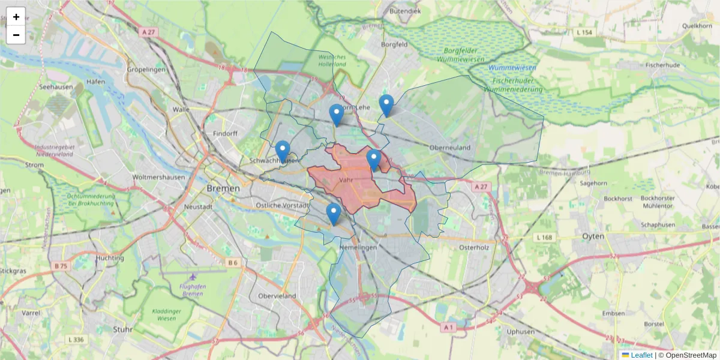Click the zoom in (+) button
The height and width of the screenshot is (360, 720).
click(16, 17)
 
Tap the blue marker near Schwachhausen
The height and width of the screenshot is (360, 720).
click(283, 151)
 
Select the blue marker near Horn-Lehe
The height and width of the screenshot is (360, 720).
click(337, 114)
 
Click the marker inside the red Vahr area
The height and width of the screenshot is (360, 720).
click(374, 160)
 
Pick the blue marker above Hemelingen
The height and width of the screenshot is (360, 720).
click(334, 214)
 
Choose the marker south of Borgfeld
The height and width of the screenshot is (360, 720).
click(386, 105)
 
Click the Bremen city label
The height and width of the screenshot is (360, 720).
click(223, 188)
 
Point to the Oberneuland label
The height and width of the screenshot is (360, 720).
click(450, 148)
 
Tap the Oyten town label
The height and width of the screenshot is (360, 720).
click(593, 236)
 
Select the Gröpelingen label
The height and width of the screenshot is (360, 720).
click(146, 70)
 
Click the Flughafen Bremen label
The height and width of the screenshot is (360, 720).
click(193, 290)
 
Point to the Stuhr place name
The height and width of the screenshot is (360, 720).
click(122, 329)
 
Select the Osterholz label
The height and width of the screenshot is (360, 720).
click(475, 247)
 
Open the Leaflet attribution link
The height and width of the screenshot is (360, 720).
click(641, 355)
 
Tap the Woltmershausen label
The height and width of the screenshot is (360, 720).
click(158, 178)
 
